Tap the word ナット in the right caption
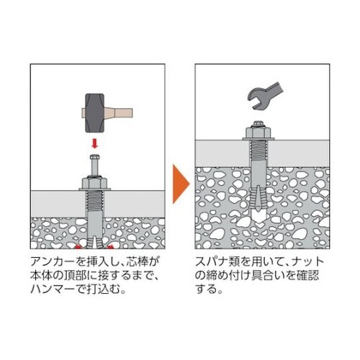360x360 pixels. (x=309, y=259)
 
